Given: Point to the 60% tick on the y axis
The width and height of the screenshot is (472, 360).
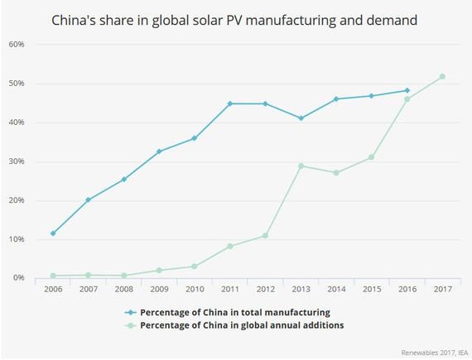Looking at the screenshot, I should [x=17, y=45].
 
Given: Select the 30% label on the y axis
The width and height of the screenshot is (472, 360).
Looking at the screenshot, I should [x=17, y=161].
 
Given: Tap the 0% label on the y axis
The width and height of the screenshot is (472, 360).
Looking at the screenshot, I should [x=18, y=278].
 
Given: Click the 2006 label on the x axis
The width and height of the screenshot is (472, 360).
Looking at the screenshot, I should [x=54, y=290].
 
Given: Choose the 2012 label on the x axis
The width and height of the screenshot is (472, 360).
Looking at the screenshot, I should [x=267, y=290].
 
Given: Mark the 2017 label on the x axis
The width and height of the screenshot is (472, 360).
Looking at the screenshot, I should [x=442, y=290].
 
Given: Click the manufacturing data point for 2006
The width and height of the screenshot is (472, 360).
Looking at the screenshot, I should [x=54, y=233].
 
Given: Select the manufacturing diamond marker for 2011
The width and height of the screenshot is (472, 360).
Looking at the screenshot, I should [x=230, y=103].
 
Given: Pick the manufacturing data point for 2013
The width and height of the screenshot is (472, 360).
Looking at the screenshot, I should [x=301, y=118].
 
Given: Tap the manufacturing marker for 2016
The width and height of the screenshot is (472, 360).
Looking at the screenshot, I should [x=407, y=90].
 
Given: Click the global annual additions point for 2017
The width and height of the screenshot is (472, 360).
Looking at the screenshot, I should [x=442, y=76].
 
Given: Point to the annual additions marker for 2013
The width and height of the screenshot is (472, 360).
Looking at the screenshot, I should [x=301, y=166].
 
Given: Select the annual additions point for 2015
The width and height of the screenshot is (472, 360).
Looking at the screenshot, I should [x=371, y=157].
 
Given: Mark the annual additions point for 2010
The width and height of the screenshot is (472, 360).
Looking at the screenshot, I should [x=195, y=266].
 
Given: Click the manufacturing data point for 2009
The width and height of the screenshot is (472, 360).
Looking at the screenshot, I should [x=160, y=151].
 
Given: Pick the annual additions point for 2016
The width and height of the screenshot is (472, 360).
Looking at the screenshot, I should [x=407, y=99].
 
